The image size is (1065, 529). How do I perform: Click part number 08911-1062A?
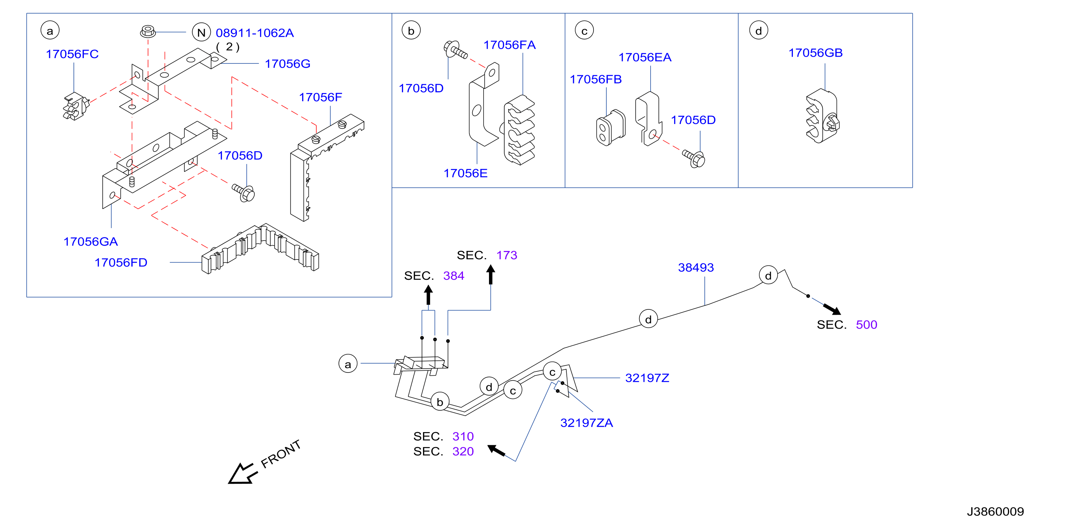(x=255, y=33)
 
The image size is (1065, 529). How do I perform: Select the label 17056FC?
(x=72, y=54)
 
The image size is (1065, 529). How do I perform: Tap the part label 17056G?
(x=287, y=64)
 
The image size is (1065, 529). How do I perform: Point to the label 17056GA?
(x=91, y=242)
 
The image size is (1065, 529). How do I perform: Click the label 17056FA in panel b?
(x=509, y=45)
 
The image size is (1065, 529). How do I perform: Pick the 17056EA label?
(x=645, y=57)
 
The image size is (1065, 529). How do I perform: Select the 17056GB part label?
(x=815, y=53)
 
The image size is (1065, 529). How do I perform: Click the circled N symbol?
(x=202, y=32)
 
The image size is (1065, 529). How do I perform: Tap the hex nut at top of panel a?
(x=148, y=31)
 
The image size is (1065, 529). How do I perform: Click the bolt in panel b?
(x=455, y=50)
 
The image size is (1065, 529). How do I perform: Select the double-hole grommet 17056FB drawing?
(x=610, y=128)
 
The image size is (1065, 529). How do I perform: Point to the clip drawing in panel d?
(x=822, y=116)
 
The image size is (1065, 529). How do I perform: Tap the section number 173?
(x=506, y=255)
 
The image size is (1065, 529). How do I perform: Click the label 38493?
(x=696, y=268)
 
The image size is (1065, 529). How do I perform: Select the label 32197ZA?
(x=586, y=423)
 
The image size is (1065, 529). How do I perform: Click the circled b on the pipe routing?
(x=440, y=402)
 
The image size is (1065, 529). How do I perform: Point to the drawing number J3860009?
(x=995, y=512)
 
